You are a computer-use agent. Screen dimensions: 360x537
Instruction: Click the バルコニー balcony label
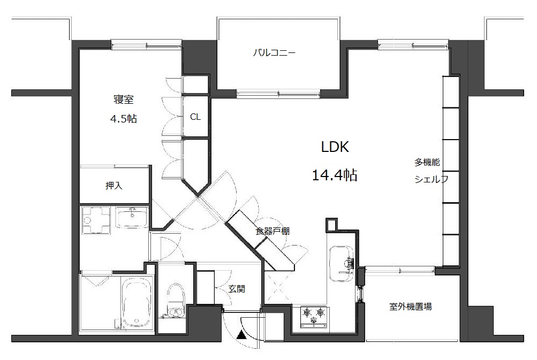tap(274, 52)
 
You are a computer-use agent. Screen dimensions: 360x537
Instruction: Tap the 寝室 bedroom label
tap(123, 99)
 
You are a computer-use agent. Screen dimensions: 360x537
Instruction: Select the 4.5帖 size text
tap(123, 119)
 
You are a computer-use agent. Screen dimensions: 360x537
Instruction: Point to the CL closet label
tap(195, 117)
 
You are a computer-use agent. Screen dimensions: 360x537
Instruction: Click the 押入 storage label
tap(114, 186)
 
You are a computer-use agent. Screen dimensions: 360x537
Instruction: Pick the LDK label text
tap(335, 147)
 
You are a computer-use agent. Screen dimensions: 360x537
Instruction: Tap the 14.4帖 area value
tap(335, 174)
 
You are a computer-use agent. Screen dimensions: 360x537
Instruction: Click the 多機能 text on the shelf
tap(427, 162)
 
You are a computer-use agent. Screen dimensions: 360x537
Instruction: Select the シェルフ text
tap(430, 180)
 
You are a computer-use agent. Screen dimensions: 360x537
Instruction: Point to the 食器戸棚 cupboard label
tap(272, 231)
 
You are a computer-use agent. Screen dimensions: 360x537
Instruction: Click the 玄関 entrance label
tap(237, 289)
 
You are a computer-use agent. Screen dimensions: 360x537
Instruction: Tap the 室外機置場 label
tap(411, 307)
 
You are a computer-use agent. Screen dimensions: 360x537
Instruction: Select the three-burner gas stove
tap(313, 316)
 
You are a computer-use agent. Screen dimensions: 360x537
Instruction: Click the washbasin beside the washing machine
tap(131, 219)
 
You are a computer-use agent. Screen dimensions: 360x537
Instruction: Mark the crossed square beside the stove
tap(278, 287)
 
